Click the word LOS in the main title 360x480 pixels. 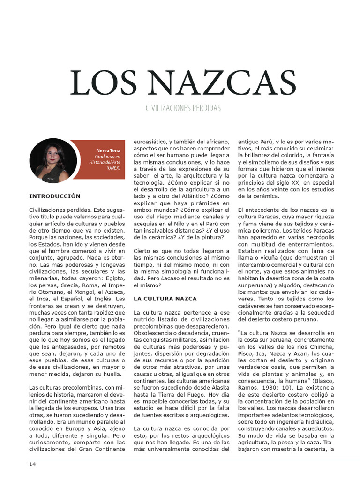[97, 83]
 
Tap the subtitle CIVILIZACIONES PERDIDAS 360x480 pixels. [183, 109]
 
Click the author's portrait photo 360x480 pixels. [53, 160]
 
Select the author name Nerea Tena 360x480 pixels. [108, 150]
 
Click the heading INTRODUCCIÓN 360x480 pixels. [55, 196]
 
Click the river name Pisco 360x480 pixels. [247, 354]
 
